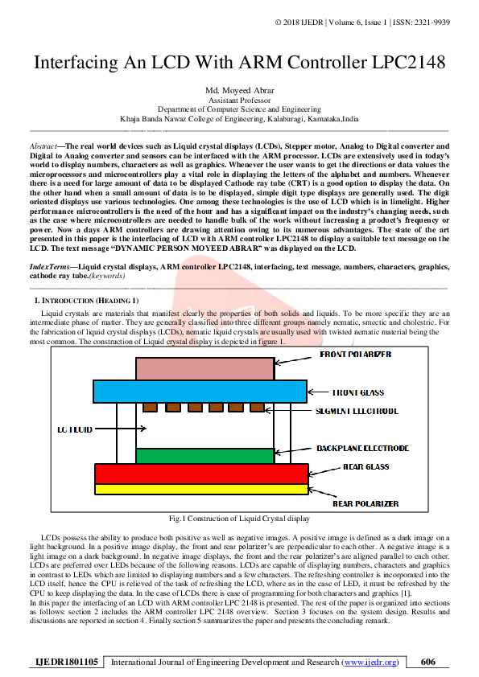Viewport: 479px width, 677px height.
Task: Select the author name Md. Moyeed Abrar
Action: (239, 89)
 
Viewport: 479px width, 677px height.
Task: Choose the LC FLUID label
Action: (75, 429)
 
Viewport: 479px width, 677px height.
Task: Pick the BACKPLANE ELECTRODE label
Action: (362, 448)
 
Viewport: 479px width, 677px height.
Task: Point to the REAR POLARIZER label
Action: (365, 503)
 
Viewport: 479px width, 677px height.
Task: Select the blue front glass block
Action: (201, 392)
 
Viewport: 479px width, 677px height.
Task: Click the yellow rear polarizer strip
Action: (201, 488)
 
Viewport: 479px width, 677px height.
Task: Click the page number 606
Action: (428, 662)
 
